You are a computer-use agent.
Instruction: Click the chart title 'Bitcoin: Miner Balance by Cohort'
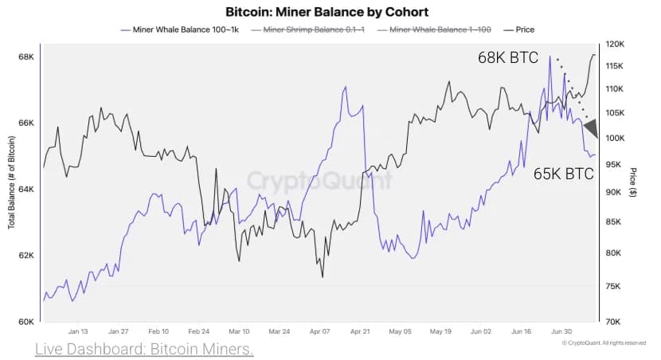[327, 12]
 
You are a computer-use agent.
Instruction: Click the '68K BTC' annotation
[507, 57]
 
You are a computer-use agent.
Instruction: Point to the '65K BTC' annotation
[563, 173]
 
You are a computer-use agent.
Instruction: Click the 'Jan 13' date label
[78, 331]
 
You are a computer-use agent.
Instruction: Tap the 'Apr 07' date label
[320, 331]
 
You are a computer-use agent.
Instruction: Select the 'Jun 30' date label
[562, 331]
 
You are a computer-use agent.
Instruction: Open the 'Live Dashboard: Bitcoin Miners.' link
[144, 350]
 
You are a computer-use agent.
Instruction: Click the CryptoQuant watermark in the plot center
[319, 181]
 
